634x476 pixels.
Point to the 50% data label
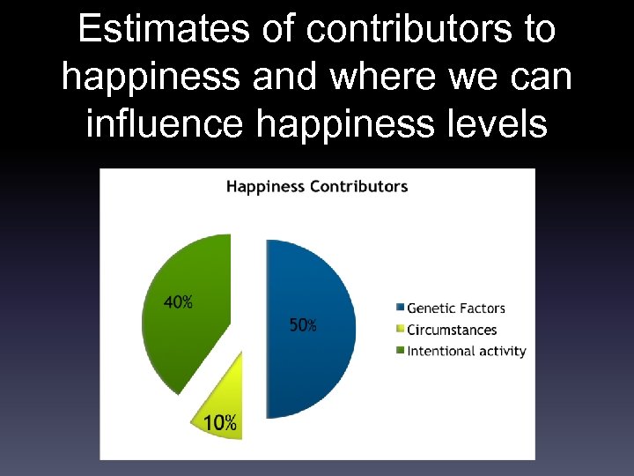(303, 325)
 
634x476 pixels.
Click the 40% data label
(179, 302)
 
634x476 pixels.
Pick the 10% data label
(220, 423)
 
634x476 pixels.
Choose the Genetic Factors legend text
(456, 309)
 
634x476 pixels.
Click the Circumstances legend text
(452, 330)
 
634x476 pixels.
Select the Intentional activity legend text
(467, 351)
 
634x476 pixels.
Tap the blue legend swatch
(400, 309)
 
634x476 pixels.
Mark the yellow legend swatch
(400, 330)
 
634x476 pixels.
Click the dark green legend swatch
(400, 351)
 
